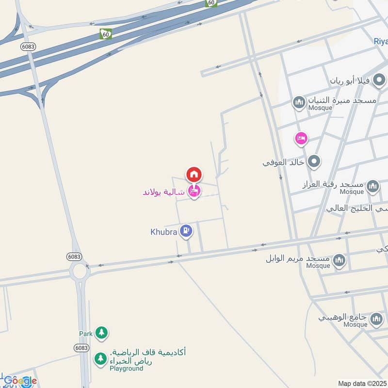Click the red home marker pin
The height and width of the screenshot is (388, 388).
(x=194, y=174)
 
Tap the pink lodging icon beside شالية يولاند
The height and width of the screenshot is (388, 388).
(x=194, y=192)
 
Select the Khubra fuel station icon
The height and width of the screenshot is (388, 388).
(x=185, y=231)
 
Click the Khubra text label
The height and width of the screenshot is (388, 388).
(x=164, y=232)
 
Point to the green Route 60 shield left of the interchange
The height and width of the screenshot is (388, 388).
(x=106, y=34)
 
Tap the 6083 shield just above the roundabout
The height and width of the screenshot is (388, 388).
(x=74, y=256)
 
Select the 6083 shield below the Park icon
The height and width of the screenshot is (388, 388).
(x=81, y=348)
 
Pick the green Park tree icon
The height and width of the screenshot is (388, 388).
(x=101, y=332)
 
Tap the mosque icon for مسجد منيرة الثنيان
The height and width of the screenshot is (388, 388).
(x=298, y=102)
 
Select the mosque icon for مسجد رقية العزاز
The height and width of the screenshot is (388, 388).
(x=372, y=186)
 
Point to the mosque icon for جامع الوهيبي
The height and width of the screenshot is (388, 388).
(x=376, y=319)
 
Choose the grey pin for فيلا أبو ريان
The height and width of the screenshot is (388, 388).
(x=379, y=80)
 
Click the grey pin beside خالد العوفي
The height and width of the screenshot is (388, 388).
(x=314, y=161)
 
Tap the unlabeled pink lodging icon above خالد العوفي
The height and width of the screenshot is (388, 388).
(x=301, y=139)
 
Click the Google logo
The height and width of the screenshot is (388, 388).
(x=20, y=381)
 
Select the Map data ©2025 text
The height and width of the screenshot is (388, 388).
(x=362, y=384)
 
